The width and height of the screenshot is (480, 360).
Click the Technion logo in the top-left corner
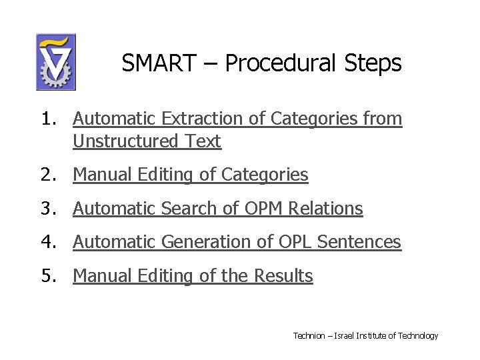pos(55,62)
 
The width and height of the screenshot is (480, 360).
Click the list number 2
pos(47,175)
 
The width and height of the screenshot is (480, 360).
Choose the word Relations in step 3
pos(327,209)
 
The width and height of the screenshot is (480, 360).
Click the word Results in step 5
pos(285,275)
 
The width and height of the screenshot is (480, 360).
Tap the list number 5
pos(47,275)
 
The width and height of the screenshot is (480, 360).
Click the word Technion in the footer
pos(309,335)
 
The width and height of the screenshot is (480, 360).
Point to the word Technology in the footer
pos(418,335)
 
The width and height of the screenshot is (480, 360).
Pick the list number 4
pos(47,242)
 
